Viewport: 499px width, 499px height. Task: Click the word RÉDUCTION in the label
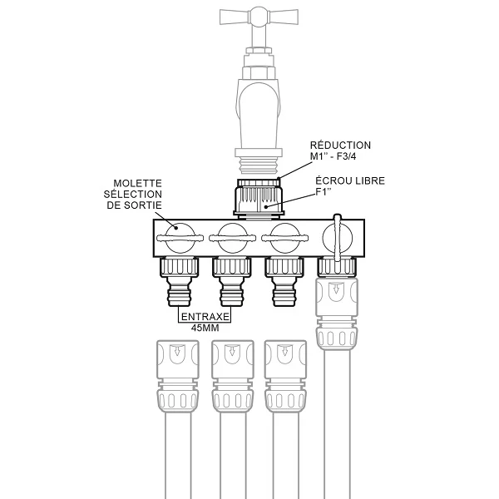[x=340, y=146]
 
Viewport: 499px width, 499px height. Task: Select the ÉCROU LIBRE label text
[x=350, y=181]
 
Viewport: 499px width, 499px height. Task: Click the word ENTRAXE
[x=205, y=317]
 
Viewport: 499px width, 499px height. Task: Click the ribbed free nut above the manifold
[x=257, y=197]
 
